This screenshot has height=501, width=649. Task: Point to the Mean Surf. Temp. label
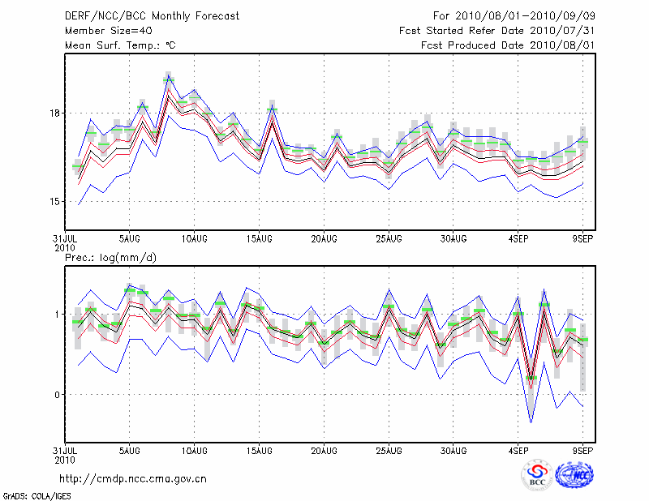120,45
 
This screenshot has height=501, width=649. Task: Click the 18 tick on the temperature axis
53,113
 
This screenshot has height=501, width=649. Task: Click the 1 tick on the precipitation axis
56,314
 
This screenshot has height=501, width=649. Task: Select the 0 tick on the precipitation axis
56,395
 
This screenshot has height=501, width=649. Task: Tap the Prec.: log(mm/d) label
111,258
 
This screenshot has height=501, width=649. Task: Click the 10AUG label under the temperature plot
194,239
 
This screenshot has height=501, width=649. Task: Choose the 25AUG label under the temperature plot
389,239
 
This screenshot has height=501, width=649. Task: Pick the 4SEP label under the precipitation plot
518,450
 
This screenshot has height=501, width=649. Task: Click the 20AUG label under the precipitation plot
324,450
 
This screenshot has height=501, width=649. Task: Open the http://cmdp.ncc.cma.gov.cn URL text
134,479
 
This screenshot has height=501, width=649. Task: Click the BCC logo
536,475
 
